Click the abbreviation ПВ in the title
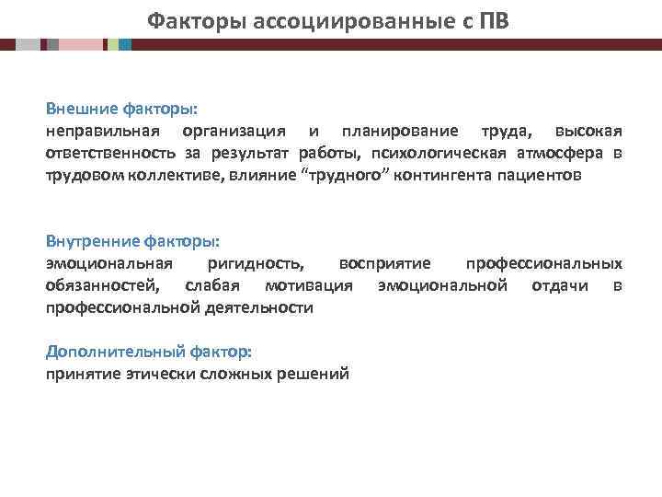pyautogui.click(x=492, y=19)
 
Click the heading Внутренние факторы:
pyautogui.click(x=133, y=241)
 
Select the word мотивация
pyautogui.click(x=308, y=285)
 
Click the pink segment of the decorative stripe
pyautogui.click(x=81, y=44)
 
